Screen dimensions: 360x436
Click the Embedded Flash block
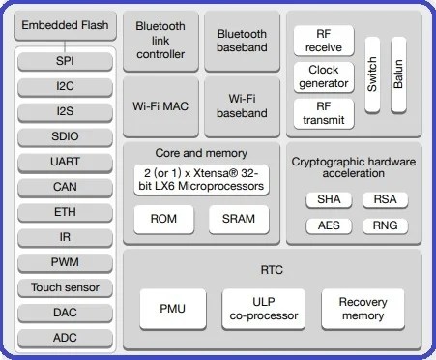pyautogui.click(x=66, y=25)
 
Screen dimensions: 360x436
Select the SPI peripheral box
pyautogui.click(x=65, y=60)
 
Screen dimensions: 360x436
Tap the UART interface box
pyautogui.click(x=65, y=161)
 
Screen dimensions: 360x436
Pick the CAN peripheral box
pyautogui.click(x=65, y=186)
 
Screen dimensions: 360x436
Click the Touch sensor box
pyautogui.click(x=65, y=287)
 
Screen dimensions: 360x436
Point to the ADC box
pyautogui.click(x=65, y=338)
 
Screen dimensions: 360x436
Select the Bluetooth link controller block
pyautogui.click(x=160, y=41)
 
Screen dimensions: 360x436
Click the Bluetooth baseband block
pyautogui.click(x=242, y=41)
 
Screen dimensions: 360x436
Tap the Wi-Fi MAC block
pyautogui.click(x=160, y=106)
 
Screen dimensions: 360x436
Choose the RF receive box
pyautogui.click(x=323, y=41)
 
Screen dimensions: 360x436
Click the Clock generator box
pyautogui.click(x=323, y=77)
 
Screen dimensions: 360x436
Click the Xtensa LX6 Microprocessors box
pyautogui.click(x=201, y=179)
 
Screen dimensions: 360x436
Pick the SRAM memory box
pyautogui.click(x=238, y=219)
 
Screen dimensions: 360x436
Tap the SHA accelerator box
pyautogui.click(x=323, y=200)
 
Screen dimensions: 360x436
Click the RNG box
pyautogui.click(x=378, y=225)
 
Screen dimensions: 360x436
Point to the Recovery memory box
pyautogui.click(x=363, y=309)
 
